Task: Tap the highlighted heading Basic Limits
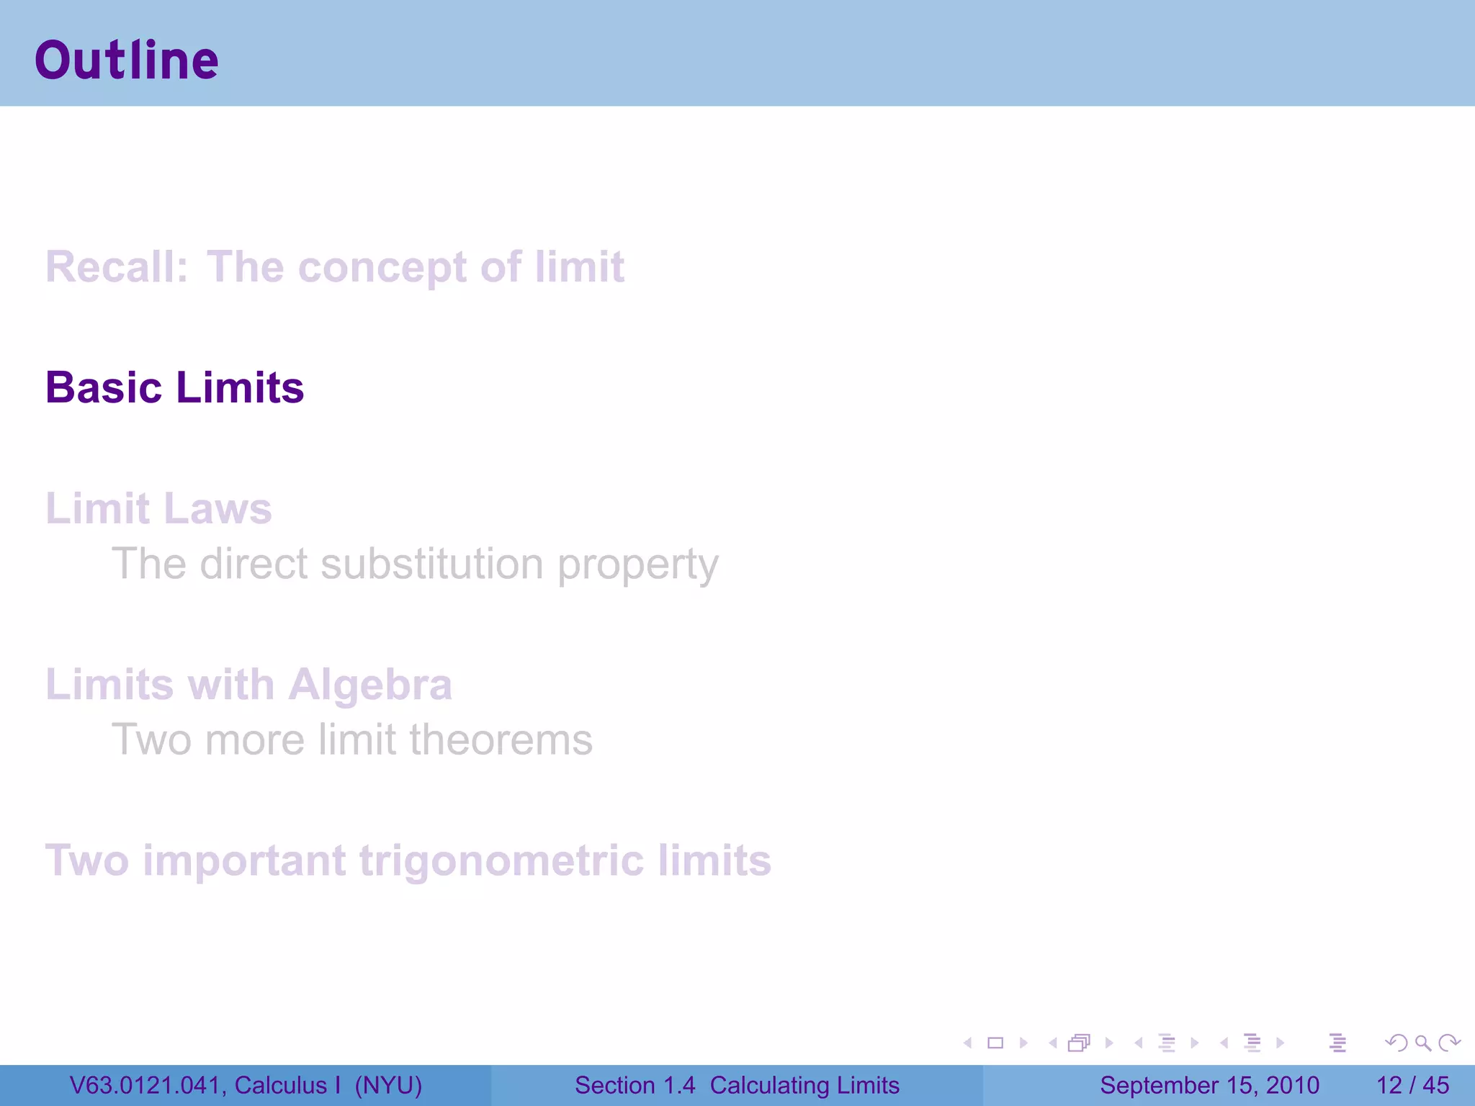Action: [174, 388]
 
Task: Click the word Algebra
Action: [370, 685]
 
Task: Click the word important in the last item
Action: [245, 860]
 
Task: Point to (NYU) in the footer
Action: [388, 1085]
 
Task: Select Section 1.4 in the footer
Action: [635, 1085]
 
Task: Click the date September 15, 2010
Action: [1209, 1085]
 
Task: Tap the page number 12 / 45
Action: [1412, 1085]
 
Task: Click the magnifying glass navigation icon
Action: [1422, 1043]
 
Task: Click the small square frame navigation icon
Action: [995, 1043]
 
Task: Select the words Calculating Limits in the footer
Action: [804, 1085]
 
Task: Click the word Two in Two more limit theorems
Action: [151, 739]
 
